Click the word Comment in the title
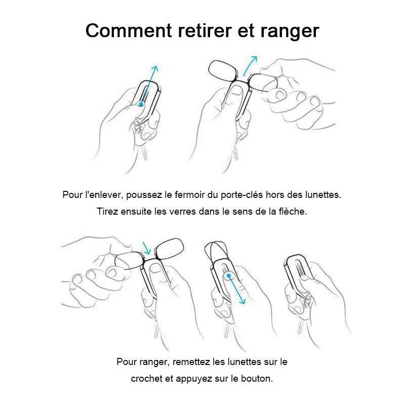(x=129, y=30)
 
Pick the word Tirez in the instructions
(x=107, y=212)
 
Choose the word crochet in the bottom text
(x=146, y=379)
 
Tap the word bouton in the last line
(x=257, y=379)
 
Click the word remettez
(x=191, y=362)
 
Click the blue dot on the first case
(x=141, y=104)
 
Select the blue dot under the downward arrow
(x=229, y=276)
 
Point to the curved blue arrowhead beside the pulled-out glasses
(x=255, y=59)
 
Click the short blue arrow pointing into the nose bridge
(x=147, y=248)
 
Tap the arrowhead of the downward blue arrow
(x=242, y=301)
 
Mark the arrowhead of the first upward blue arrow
(x=154, y=69)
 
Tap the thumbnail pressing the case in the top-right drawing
(x=236, y=91)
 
